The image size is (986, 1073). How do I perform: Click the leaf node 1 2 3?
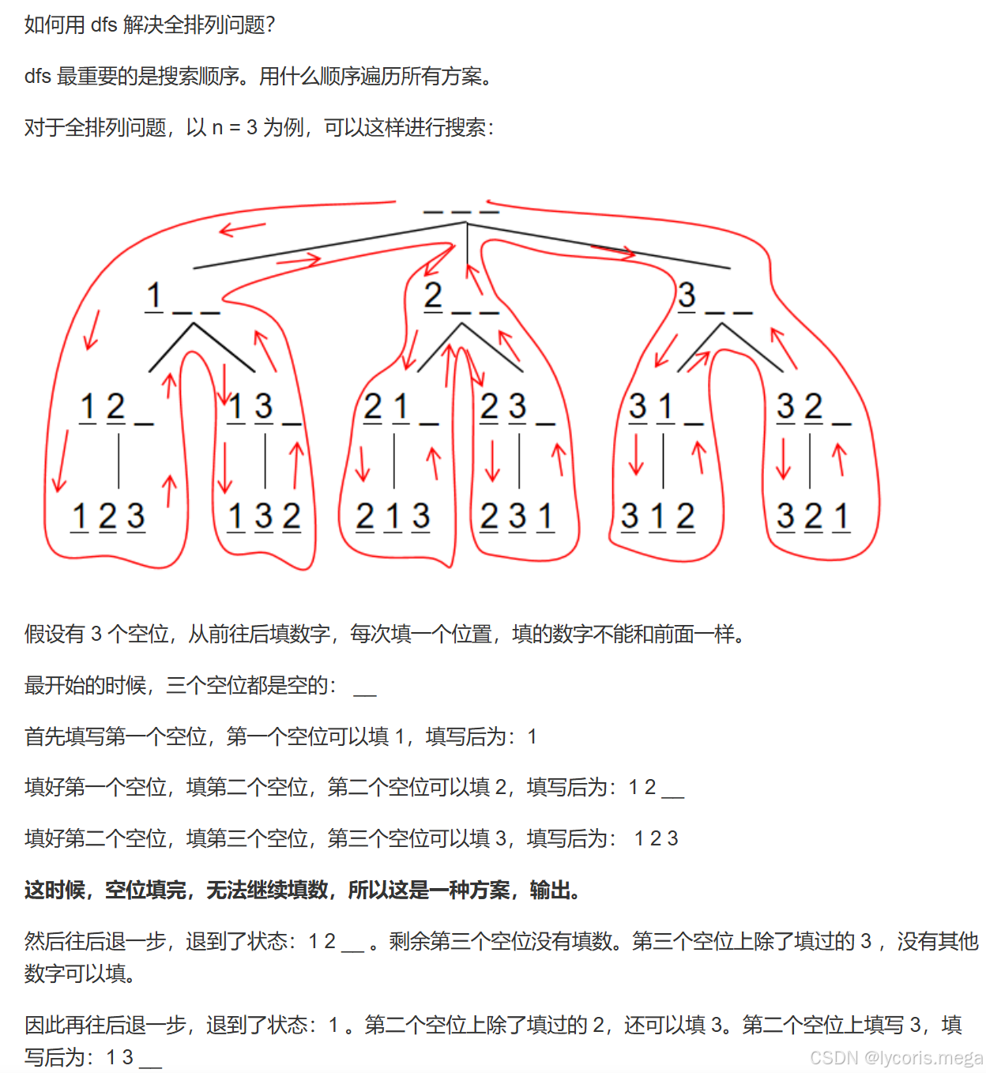(108, 517)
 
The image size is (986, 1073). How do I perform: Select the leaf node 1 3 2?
(264, 517)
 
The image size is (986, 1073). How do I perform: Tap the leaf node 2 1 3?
(393, 517)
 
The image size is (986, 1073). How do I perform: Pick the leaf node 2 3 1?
(517, 517)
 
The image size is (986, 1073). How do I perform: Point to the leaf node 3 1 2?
(657, 517)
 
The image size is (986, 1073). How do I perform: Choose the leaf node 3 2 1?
(813, 517)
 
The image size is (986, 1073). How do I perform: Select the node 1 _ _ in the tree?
(182, 299)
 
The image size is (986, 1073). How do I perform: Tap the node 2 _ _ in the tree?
(461, 299)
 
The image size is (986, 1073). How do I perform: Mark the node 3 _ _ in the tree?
(714, 299)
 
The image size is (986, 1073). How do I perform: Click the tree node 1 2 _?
(116, 408)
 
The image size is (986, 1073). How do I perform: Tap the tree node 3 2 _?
(813, 408)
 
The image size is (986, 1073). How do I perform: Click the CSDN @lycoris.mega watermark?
(896, 1057)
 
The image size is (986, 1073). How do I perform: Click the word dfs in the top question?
(103, 25)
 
